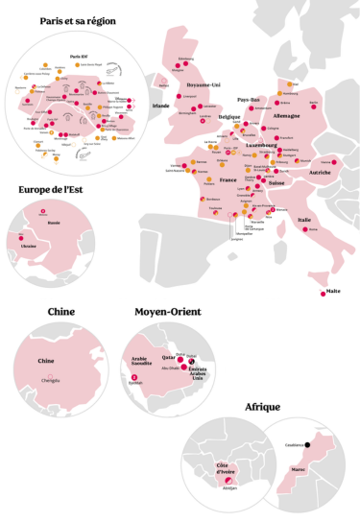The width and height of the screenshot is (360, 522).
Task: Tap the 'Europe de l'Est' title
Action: (x=53, y=189)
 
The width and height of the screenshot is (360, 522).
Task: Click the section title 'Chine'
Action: (x=61, y=311)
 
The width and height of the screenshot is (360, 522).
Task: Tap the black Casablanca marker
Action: (x=309, y=444)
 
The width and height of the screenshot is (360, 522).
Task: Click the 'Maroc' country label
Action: (x=298, y=470)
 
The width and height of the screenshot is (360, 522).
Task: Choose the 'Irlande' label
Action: (x=161, y=106)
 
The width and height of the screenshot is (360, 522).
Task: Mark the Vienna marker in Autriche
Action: (x=336, y=162)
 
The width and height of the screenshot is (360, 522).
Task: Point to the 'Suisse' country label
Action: (x=277, y=182)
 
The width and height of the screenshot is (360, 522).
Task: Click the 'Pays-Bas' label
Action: (x=249, y=99)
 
